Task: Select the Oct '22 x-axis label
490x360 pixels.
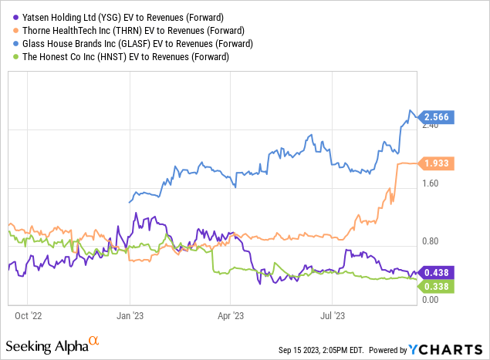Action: point(27,315)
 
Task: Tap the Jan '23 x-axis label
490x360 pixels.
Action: point(130,315)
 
